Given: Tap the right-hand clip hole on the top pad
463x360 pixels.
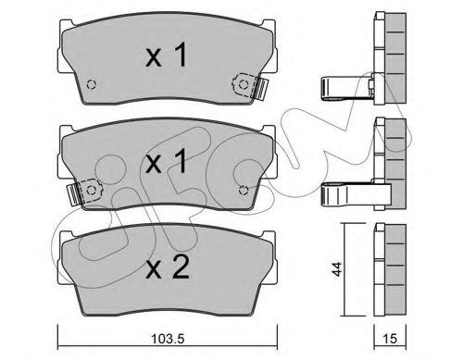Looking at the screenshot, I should coord(244,86).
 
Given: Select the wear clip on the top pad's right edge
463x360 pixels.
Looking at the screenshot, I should coord(262,86).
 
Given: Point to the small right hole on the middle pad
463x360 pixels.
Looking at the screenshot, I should coord(243,191).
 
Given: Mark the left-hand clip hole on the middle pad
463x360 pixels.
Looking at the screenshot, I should coord(92,192).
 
